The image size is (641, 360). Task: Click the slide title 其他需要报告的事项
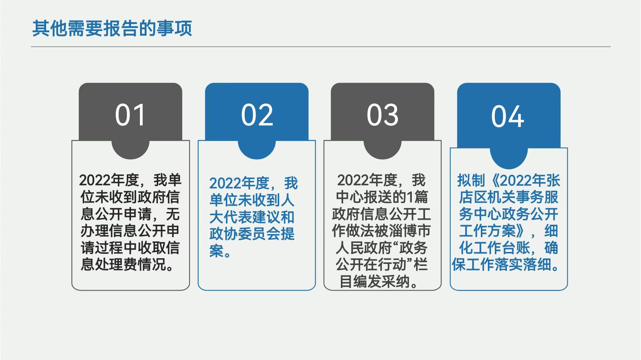(x=112, y=28)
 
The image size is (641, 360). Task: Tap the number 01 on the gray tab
(x=130, y=115)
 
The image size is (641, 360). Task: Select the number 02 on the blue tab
(x=257, y=115)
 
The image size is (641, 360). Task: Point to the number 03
(x=383, y=115)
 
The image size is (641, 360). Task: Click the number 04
(x=508, y=116)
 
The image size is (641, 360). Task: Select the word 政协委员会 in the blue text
(x=245, y=234)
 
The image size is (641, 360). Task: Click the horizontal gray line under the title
(x=320, y=47)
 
